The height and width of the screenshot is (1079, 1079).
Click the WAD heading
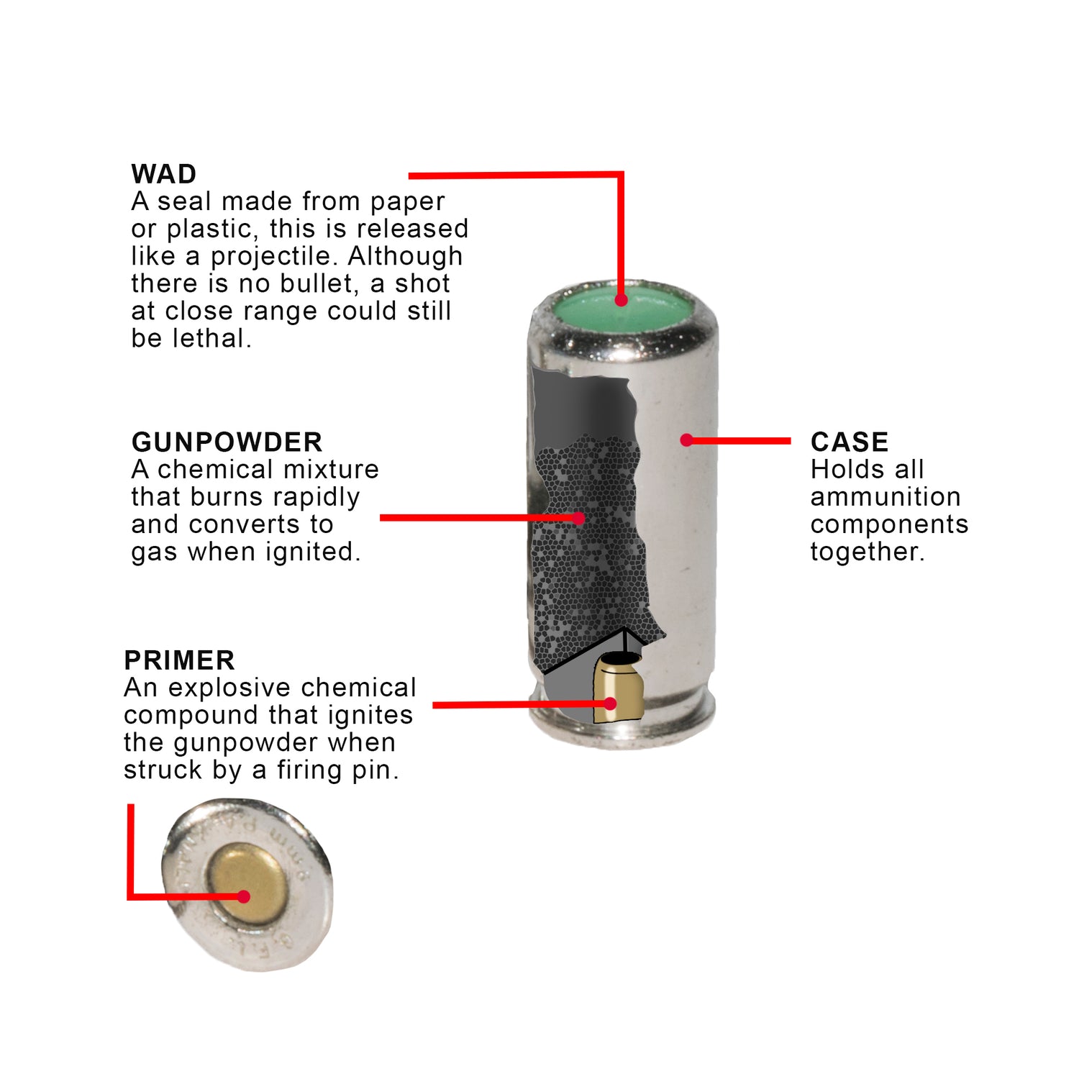pyautogui.click(x=164, y=174)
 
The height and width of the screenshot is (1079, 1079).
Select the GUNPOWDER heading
pyautogui.click(x=227, y=442)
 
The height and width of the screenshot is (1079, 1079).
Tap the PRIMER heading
pyautogui.click(x=179, y=660)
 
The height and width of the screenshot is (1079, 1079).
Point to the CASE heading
pyautogui.click(x=850, y=442)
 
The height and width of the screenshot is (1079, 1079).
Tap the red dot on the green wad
pyautogui.click(x=622, y=300)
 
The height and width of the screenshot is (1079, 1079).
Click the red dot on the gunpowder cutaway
pyautogui.click(x=578, y=518)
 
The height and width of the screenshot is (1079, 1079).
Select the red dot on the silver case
pyautogui.click(x=687, y=440)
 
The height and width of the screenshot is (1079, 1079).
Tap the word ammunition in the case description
pyautogui.click(x=885, y=496)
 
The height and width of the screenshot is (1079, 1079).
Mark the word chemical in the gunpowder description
pyautogui.click(x=207, y=469)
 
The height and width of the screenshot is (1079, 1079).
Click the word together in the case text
pyautogui.click(x=867, y=552)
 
